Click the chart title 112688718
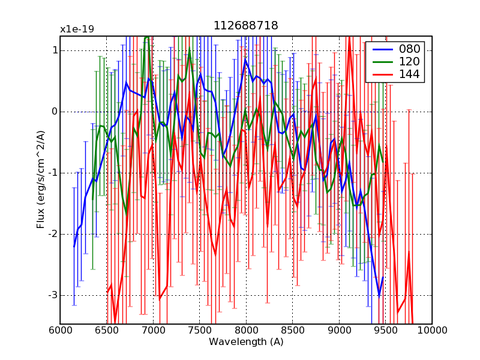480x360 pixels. tap(246, 26)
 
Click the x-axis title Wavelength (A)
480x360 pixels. tap(246, 342)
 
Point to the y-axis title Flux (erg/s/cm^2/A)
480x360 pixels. tap(41, 180)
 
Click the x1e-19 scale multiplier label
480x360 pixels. tap(77, 29)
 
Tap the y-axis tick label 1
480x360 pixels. tap(55, 50)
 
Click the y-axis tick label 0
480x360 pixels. tap(55, 112)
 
